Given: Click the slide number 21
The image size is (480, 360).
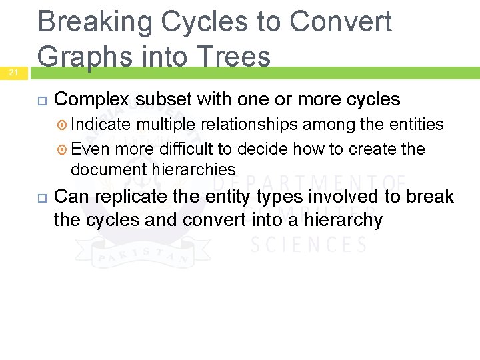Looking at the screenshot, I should (14, 73).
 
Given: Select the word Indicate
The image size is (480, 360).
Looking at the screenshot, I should (101, 125).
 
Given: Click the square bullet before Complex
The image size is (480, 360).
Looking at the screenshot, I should (41, 101).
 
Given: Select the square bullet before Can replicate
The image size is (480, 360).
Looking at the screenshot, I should (41, 197).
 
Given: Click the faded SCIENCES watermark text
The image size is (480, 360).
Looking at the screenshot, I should (308, 245).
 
